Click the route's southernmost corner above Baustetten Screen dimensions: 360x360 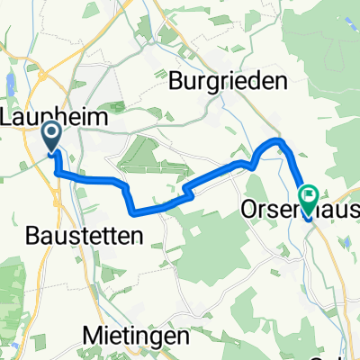pos(136,212)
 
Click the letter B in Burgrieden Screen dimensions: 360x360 pos(176,80)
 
